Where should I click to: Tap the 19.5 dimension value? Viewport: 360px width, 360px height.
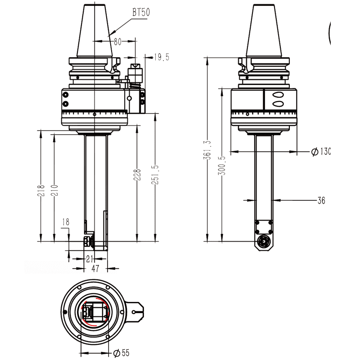(x=161, y=57)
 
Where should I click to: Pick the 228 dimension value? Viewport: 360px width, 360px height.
(x=137, y=175)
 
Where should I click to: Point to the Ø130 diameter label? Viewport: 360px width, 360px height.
(x=320, y=152)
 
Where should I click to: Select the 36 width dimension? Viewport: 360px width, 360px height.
(x=321, y=200)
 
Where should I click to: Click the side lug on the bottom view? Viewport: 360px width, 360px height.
(x=136, y=312)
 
